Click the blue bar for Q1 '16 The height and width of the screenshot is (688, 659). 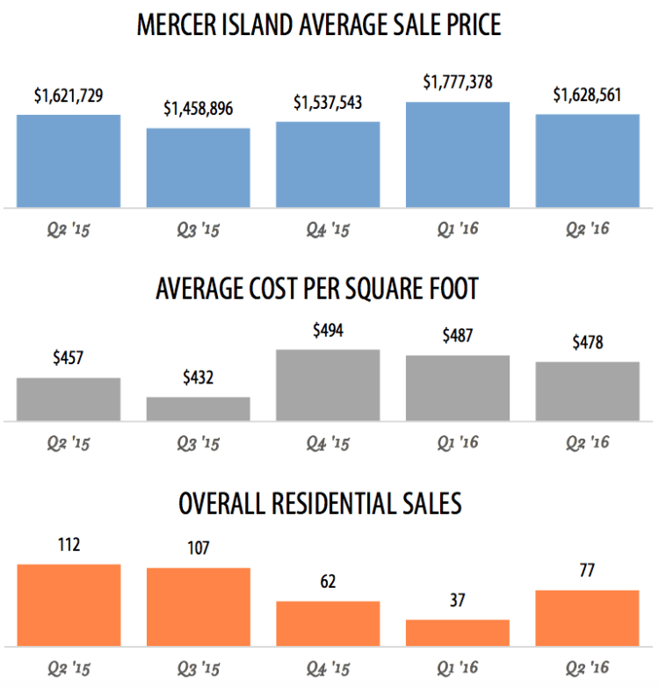[458, 155]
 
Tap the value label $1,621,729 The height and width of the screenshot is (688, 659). [69, 96]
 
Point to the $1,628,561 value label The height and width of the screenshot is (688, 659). [587, 96]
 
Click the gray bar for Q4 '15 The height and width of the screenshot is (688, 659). [328, 385]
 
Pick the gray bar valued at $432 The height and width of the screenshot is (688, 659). [198, 409]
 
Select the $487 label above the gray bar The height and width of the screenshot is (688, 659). [458, 337]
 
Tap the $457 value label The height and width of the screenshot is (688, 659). [69, 360]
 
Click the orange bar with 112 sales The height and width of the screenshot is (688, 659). [69, 606]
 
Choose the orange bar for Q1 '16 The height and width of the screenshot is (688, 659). [458, 633]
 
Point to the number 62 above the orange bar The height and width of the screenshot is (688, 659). [328, 582]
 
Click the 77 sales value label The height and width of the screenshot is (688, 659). [587, 571]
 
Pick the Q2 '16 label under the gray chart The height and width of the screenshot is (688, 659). [587, 442]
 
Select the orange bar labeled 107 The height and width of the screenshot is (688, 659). [198, 607]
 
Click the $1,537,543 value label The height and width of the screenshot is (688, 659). [328, 104]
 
